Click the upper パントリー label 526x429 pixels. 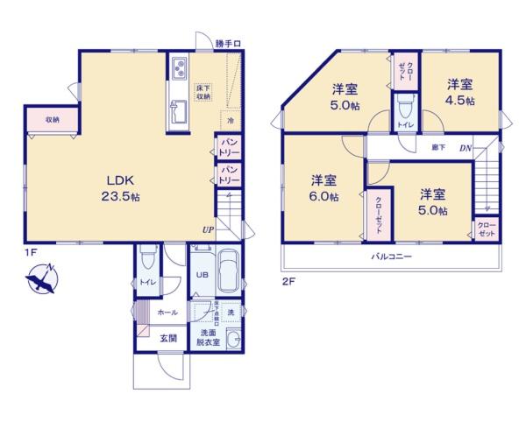coord(229,146)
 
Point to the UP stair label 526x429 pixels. coord(208,229)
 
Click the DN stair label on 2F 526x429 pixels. coord(466,147)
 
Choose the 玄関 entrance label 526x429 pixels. coord(168,338)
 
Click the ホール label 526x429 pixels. coord(167,313)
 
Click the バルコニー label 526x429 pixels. coord(391,257)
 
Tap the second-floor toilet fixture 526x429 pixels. coord(404,109)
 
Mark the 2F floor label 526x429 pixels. coord(288,281)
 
